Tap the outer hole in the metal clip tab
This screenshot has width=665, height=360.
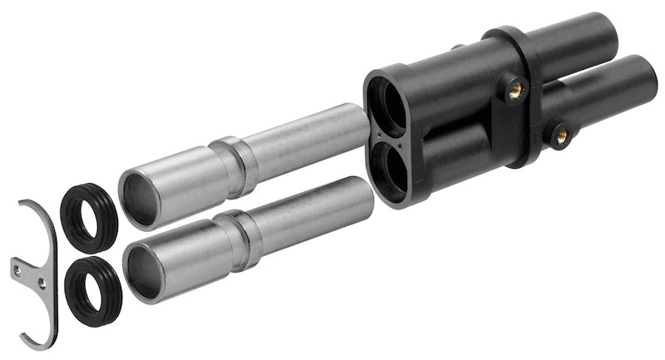(x=17, y=267)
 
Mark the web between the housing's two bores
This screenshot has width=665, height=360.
(x=388, y=137)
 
